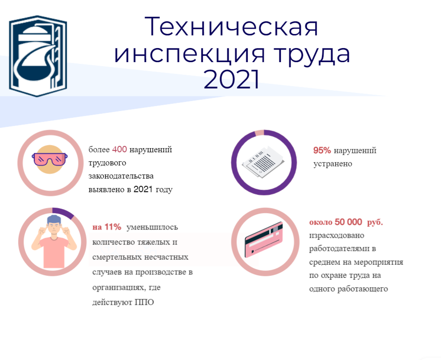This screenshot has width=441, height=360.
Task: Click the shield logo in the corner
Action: click(38, 56)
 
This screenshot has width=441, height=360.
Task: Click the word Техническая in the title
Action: click(231, 27)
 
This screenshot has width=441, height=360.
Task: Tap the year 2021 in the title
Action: click(231, 79)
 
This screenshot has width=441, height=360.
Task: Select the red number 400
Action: click(119, 149)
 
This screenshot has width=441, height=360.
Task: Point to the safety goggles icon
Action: click(50, 160)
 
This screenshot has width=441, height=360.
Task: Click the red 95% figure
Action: click(322, 151)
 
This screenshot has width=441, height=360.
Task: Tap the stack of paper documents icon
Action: click(263, 162)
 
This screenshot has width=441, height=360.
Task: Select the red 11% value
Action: click(113, 227)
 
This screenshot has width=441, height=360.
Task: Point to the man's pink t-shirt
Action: click(54, 252)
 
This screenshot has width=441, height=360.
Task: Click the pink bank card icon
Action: click(264, 239)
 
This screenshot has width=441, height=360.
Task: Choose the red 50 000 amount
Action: click(348, 222)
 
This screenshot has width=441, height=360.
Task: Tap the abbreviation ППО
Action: click(144, 302)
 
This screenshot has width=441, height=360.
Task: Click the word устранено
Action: click(333, 164)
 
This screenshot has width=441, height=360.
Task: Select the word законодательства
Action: click(121, 176)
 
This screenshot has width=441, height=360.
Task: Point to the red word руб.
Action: click(375, 222)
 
